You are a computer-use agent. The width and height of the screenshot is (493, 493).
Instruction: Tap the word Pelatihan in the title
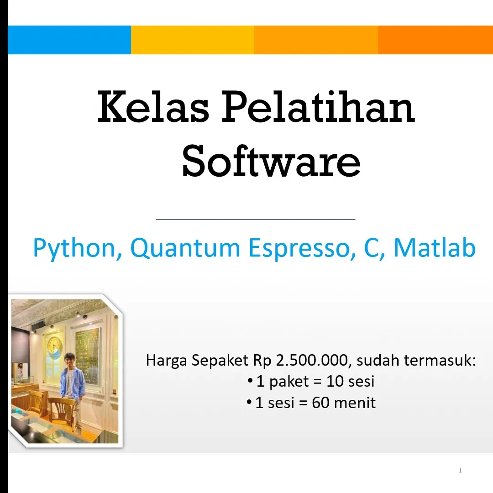[318, 108]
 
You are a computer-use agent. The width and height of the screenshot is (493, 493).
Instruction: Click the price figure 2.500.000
[313, 360]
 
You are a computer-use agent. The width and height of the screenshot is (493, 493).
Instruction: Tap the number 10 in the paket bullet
[335, 381]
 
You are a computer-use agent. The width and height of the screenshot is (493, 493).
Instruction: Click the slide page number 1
[460, 470]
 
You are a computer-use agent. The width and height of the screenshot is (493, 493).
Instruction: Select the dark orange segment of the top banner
[435, 40]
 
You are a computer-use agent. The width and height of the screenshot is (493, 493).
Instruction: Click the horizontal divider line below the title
[255, 219]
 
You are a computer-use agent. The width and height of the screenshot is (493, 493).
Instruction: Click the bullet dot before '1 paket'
[250, 380]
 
